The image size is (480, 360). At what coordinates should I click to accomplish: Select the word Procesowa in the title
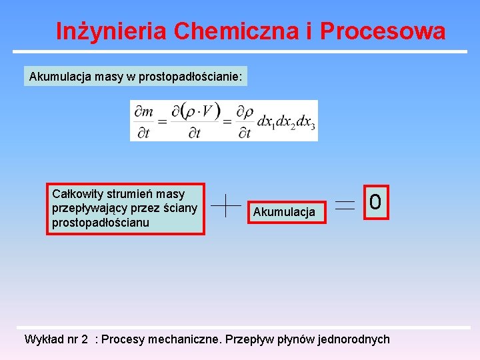[383, 31]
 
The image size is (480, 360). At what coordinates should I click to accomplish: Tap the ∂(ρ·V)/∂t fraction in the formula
[194, 121]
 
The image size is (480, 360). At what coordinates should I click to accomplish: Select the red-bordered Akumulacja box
[284, 212]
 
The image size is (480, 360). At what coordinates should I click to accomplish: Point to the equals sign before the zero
[345, 205]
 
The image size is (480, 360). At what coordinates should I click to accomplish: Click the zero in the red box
[375, 201]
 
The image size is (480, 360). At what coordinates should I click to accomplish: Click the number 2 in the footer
[85, 339]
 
